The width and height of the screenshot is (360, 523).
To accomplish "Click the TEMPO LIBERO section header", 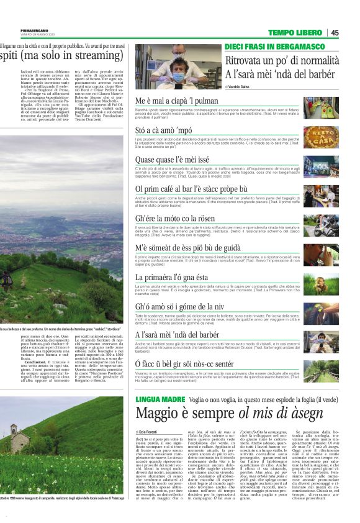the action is click(x=299, y=32).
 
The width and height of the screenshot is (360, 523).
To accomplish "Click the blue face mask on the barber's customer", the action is click(x=178, y=76).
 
